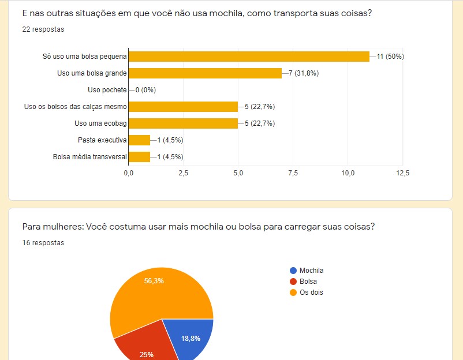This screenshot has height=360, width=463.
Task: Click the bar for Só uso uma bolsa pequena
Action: tap(248, 57)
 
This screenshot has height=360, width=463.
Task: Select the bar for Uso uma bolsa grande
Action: tap(205, 73)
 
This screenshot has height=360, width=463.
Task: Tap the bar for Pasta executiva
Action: tap(139, 140)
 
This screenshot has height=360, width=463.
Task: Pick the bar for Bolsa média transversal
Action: tap(139, 157)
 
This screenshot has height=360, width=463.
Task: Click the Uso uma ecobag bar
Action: tap(183, 123)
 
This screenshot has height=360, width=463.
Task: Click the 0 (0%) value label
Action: tap(145, 90)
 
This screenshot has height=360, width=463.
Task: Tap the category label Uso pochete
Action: tap(107, 90)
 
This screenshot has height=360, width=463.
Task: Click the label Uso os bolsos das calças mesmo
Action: tap(75, 107)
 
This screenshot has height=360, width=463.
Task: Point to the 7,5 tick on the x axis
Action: tap(293, 173)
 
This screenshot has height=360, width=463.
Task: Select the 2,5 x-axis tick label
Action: tap(183, 173)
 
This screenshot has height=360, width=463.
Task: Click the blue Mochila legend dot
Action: tap(293, 271)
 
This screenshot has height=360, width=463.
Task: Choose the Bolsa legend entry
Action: tap(308, 282)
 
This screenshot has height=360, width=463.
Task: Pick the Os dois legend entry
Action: tap(311, 292)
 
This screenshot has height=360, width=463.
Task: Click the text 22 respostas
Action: tap(43, 29)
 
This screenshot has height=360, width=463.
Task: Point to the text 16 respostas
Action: tap(43, 243)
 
